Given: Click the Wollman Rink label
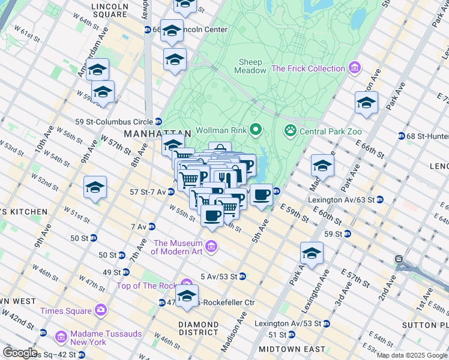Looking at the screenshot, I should (220, 130).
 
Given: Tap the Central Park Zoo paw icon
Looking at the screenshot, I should (291, 130).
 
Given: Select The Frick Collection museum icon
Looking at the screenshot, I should (354, 68).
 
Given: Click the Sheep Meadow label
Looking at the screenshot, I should (252, 66).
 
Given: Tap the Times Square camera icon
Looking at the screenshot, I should (100, 310).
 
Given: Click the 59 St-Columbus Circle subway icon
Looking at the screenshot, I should (158, 121).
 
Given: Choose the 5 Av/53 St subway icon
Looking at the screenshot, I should (242, 277).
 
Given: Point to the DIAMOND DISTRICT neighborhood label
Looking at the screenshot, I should (198, 328).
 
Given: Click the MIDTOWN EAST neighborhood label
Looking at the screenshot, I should (292, 349).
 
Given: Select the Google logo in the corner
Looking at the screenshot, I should (20, 353).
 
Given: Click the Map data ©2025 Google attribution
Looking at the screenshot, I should (411, 355).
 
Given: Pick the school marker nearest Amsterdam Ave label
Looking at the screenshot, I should (97, 70).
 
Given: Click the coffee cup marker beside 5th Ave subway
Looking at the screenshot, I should (261, 196).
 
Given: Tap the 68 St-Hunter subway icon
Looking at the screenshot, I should (401, 136).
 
